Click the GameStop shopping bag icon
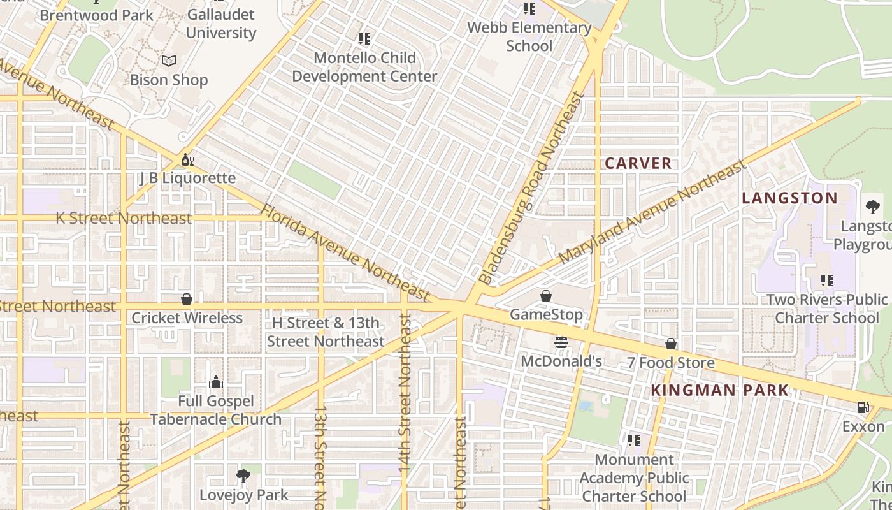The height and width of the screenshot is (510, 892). [546, 296]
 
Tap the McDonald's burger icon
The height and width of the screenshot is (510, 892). [561, 342]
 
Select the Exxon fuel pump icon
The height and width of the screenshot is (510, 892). [863, 407]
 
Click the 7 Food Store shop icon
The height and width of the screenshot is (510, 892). [671, 344]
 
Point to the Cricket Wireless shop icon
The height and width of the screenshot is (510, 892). [187, 299]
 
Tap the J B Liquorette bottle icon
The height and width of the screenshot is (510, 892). [187, 159]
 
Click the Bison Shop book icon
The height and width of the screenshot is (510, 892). [169, 61]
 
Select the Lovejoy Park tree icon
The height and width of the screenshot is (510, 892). [243, 476]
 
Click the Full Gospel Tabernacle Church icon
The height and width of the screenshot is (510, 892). [216, 382]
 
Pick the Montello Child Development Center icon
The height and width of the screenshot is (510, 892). [364, 40]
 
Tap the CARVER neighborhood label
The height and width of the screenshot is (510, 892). [638, 163]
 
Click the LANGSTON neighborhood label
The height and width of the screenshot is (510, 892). [790, 198]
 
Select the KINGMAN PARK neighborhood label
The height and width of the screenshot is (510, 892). [720, 391]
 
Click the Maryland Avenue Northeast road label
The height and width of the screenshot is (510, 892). [652, 213]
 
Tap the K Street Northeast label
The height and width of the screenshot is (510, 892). [124, 218]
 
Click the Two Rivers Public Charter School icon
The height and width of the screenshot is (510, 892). [827, 280]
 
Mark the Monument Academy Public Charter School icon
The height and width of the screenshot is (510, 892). [634, 441]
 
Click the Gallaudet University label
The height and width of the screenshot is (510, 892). [221, 24]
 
